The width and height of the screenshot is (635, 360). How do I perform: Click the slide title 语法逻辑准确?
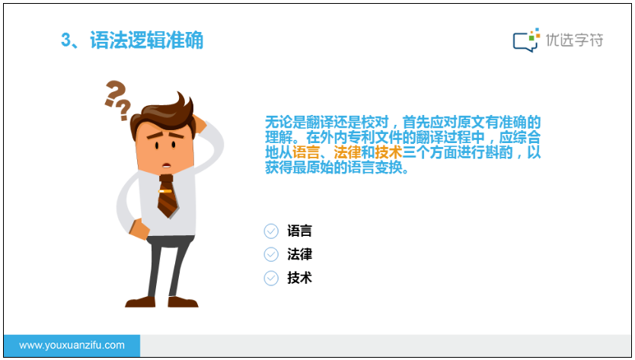[146, 40]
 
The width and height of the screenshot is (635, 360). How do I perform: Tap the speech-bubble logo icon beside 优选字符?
[526, 40]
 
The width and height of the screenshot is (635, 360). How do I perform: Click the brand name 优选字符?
[574, 40]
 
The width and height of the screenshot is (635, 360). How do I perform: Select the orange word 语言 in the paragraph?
[305, 152]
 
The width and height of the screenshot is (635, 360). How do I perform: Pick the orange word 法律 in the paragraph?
[347, 152]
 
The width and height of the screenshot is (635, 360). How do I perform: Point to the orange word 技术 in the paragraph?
[388, 152]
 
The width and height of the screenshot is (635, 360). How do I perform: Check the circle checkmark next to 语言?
[271, 231]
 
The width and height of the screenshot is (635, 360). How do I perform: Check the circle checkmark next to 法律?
[271, 254]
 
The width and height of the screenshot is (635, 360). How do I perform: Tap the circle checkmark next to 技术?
[271, 279]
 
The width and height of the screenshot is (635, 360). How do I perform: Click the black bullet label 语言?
[300, 231]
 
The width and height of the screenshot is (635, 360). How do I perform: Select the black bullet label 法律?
[300, 254]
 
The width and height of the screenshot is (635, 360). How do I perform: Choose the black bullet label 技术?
[300, 278]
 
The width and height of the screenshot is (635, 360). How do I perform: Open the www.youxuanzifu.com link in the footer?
[72, 346]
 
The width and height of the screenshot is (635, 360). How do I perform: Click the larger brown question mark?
[115, 93]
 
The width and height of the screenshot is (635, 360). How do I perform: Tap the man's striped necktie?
[168, 196]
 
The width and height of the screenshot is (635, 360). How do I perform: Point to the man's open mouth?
[167, 165]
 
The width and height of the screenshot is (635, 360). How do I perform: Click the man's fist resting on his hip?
[139, 229]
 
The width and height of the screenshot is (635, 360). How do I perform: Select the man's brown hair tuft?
[183, 104]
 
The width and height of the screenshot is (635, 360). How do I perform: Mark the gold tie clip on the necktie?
[164, 191]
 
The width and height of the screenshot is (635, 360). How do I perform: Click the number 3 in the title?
[66, 40]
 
